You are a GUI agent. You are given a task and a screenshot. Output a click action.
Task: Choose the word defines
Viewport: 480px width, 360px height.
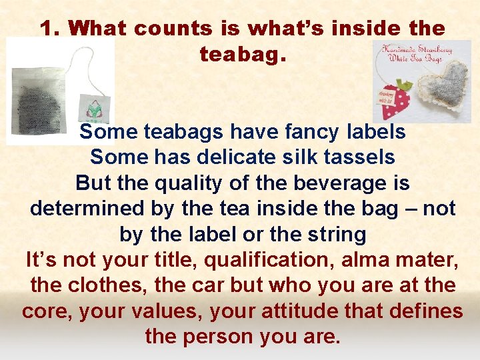[424, 311]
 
